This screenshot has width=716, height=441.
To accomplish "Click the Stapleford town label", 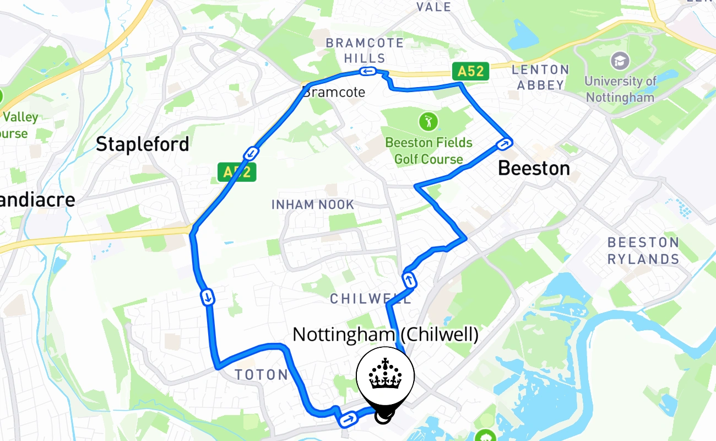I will (142, 144).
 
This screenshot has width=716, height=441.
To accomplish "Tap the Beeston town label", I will (533, 168).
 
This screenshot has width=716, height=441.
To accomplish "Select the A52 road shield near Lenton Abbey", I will (470, 71).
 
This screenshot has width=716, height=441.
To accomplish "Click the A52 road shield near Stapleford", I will (237, 172).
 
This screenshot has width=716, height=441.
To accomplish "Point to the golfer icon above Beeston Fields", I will (428, 120).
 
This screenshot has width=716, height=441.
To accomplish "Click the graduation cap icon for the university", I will (621, 60).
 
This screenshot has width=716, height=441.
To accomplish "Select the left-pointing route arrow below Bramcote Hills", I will (367, 71).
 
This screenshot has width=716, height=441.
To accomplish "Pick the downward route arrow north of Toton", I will (208, 298).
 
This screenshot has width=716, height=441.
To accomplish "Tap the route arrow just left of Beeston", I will (505, 144).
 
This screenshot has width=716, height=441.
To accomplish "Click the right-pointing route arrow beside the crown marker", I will (347, 420).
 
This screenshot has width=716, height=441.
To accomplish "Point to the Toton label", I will (261, 375).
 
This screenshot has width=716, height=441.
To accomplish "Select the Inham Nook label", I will (313, 205).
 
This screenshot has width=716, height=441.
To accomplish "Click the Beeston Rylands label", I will (643, 251).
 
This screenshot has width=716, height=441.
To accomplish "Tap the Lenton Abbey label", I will (540, 77).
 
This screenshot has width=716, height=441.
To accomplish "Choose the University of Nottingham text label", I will (620, 89).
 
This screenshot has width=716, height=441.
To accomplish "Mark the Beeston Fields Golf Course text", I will (428, 151).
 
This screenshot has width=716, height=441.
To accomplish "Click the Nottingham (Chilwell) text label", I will (385, 335).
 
